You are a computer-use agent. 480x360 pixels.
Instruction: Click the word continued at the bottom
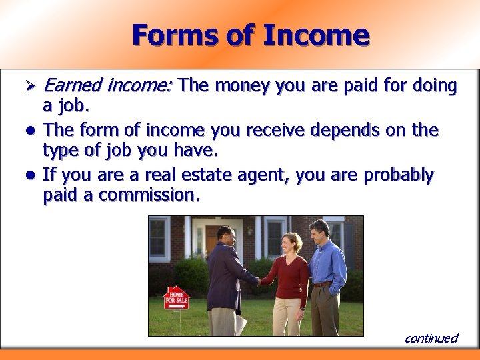pos(431,338)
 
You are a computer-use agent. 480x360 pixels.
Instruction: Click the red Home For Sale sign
pos(176,297)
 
